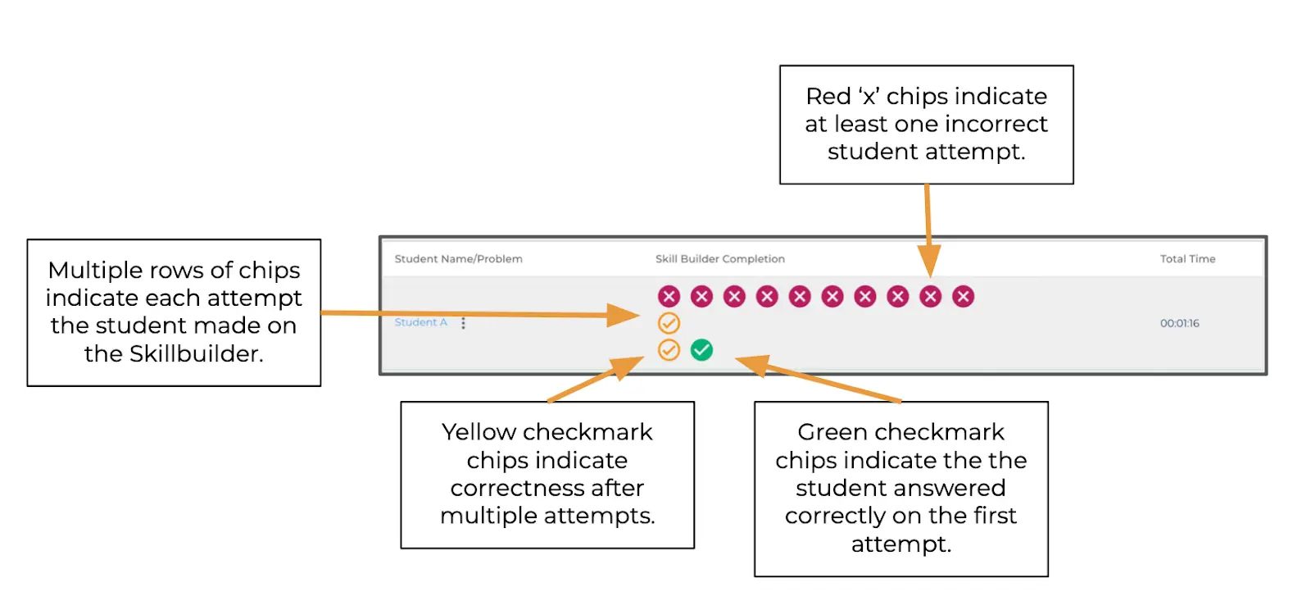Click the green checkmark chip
tap(701, 350)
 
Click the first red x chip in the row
tap(669, 296)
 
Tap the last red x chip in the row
tap(963, 296)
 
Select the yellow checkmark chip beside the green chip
tap(669, 350)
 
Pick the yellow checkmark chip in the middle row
tap(669, 323)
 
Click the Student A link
tap(421, 322)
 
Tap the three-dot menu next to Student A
tap(463, 323)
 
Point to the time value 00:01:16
tap(1179, 323)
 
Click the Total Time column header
tap(1187, 259)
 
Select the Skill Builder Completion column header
tap(720, 259)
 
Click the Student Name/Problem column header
tap(458, 259)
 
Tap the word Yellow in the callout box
tap(479, 432)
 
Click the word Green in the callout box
tap(832, 432)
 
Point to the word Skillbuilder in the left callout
tap(196, 354)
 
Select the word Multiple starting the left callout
tap(95, 270)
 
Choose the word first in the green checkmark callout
tap(995, 516)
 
